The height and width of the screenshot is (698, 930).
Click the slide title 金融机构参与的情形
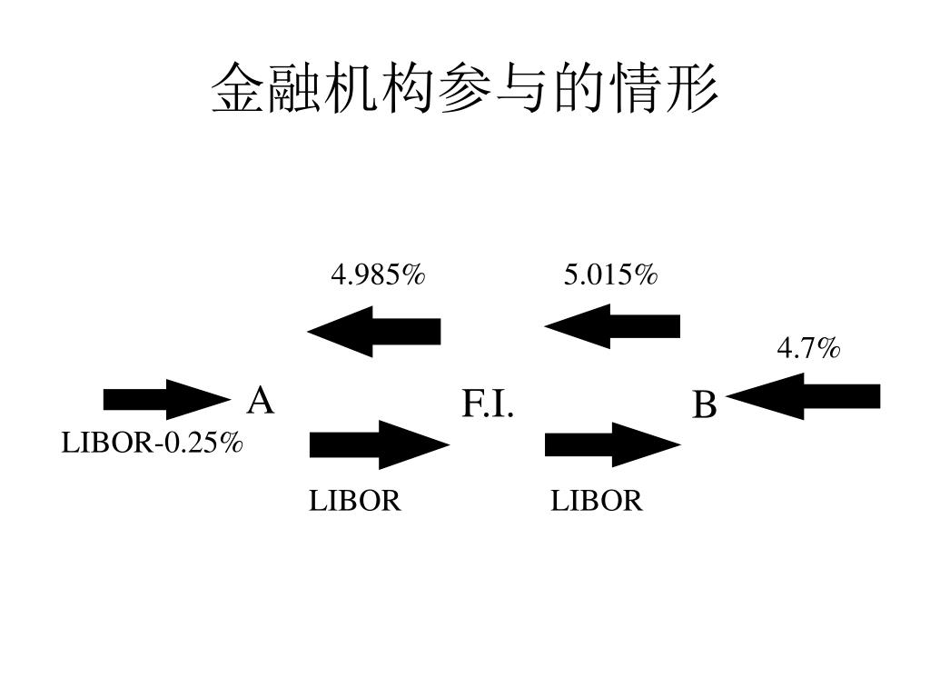tap(464, 89)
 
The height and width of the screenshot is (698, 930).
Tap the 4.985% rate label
tap(378, 274)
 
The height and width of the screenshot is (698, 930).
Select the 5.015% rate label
tap(610, 274)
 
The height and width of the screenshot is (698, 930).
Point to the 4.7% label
tap(808, 347)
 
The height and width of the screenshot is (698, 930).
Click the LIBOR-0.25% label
tap(153, 444)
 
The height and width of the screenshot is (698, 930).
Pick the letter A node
tap(261, 400)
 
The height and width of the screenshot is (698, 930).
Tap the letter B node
tap(705, 404)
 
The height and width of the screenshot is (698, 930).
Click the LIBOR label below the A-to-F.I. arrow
tap(355, 501)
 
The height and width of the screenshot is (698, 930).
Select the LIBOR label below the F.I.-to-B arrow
tap(597, 501)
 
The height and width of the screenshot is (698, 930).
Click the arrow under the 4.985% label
tap(374, 331)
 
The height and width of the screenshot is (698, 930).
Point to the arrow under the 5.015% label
tap(612, 326)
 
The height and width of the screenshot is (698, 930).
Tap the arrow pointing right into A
tap(166, 399)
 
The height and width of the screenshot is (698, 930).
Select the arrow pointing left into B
tap(804, 396)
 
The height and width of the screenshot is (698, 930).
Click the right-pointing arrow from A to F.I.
tap(379, 444)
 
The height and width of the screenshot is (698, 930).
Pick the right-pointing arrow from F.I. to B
tap(612, 444)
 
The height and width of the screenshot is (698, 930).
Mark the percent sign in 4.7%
tap(827, 347)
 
